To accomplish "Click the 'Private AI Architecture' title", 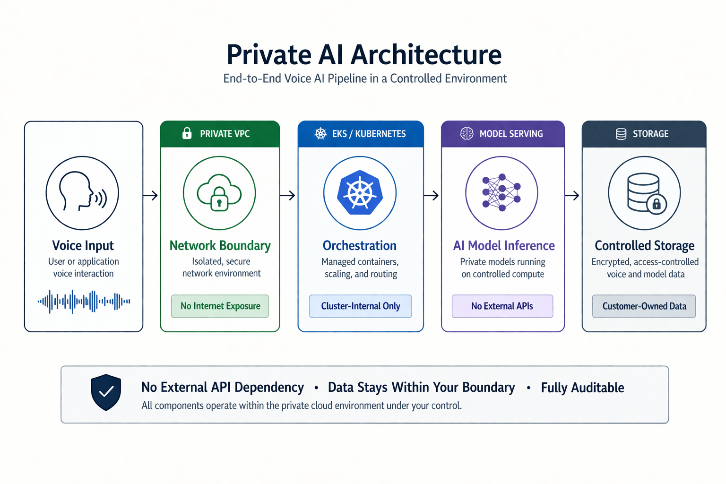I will [364, 55].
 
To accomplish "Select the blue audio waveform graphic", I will [84, 301].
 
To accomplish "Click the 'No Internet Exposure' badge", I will [220, 306].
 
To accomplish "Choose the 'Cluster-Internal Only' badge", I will [361, 306].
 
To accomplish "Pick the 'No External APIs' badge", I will [502, 306].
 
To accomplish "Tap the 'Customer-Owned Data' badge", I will [644, 306].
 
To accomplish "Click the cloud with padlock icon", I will [219, 193].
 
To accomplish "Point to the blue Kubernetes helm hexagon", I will [360, 193].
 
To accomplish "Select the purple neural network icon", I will [501, 193].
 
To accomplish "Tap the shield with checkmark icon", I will [106, 392].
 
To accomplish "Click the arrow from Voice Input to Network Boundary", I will [151, 195].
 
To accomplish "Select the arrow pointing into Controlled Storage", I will [572, 195].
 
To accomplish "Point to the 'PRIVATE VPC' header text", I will [225, 134].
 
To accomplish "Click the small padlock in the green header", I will [187, 133].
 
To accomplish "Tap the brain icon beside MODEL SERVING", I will [467, 134].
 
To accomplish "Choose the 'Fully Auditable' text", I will [582, 388].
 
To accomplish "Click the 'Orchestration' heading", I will [360, 246].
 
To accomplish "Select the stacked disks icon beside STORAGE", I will [621, 134].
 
